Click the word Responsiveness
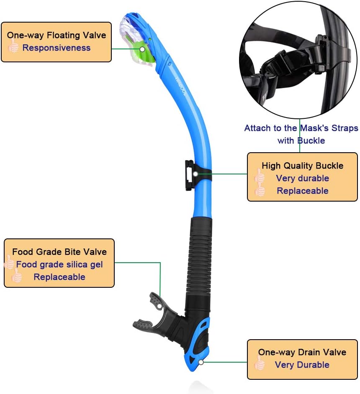[57, 48]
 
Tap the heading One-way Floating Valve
[57, 35]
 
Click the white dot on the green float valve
[142, 49]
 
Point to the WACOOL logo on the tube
[180, 86]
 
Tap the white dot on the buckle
[195, 174]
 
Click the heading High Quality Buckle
[302, 166]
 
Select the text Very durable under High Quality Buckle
[302, 179]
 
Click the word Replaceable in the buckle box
[302, 191]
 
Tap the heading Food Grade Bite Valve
[59, 252]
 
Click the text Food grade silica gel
[59, 265]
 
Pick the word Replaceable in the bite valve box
[59, 277]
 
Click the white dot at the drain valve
[201, 362]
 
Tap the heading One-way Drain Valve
[302, 352]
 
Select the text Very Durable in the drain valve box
[302, 365]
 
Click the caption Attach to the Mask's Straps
[301, 128]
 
